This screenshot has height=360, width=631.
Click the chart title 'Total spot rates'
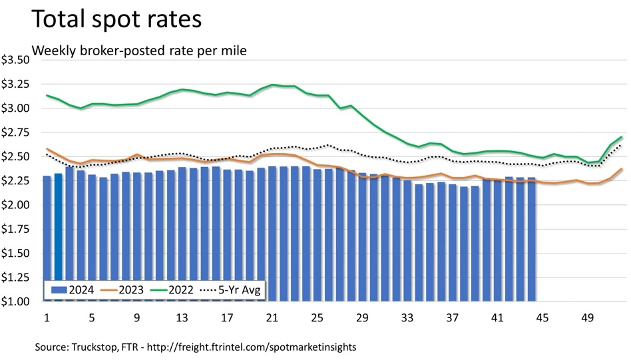[116, 19]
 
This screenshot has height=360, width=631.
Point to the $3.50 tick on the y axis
[16, 60]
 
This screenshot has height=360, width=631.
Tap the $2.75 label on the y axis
[16, 132]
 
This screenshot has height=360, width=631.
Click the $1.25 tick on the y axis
[16, 277]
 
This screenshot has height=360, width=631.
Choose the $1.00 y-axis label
[16, 301]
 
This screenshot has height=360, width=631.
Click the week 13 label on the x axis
[181, 317]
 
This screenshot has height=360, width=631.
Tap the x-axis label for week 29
[362, 317]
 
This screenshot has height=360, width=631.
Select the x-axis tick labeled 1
[47, 317]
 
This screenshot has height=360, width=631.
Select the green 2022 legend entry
[172, 289]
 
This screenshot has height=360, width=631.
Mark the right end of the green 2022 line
[622, 137]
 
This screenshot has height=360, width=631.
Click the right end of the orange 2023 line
[622, 169]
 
